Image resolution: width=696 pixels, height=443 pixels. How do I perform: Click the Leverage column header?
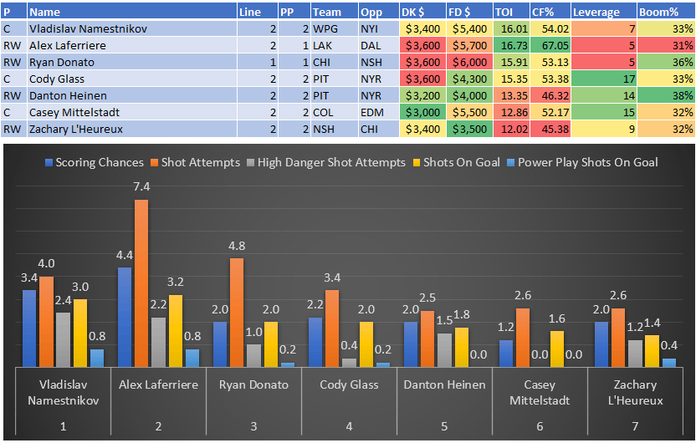pos(596,13)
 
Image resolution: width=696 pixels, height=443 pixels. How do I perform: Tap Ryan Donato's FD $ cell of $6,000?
pos(469,62)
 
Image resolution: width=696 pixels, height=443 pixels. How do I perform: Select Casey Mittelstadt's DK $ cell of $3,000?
pos(423,112)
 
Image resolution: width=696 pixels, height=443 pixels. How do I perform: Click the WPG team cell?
pos(324,28)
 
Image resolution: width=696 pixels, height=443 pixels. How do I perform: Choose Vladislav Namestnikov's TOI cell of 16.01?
pos(509,28)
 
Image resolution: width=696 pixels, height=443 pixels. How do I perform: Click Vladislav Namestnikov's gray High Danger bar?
pos(63,339)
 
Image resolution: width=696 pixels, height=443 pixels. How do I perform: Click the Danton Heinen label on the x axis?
pos(444,385)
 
